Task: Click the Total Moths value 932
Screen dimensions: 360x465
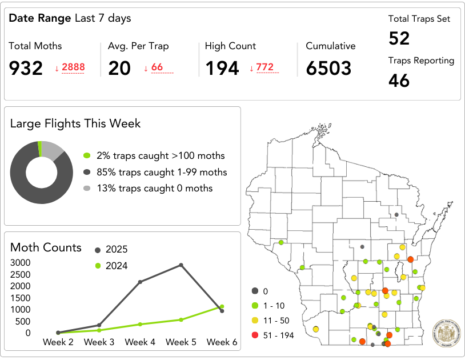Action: tap(26, 69)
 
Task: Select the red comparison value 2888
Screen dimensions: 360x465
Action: tap(73, 67)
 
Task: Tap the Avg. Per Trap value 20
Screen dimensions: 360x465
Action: tap(119, 69)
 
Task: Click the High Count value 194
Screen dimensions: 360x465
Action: tap(222, 69)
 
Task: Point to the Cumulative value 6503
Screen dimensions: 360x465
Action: tap(328, 69)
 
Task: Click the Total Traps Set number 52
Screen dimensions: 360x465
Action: tap(399, 38)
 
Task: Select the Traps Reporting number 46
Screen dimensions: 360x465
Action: tap(399, 81)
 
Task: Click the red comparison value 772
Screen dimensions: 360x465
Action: tap(264, 67)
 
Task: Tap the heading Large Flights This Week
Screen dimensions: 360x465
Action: tap(75, 123)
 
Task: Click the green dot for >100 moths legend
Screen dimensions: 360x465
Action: tap(87, 155)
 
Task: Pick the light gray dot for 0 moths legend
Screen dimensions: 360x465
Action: tap(87, 189)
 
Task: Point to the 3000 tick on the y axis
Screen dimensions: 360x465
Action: tap(21, 263)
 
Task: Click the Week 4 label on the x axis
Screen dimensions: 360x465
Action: tap(140, 342)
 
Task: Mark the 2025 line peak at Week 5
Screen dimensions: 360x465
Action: tap(181, 265)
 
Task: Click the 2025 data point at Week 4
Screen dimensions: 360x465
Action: tap(140, 281)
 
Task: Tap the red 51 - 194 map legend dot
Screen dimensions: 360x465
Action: tap(255, 335)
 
